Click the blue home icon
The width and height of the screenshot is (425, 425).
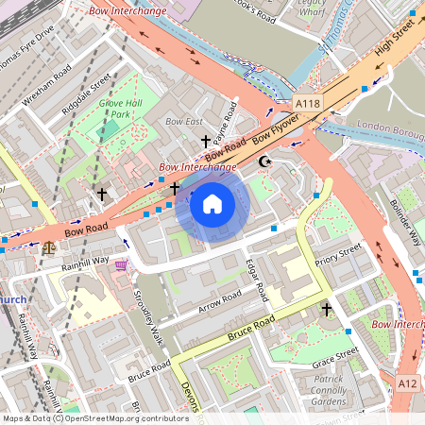212,203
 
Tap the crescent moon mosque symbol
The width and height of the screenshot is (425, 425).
264,161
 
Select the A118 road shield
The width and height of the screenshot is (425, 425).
307,103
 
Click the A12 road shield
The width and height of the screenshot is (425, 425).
407,382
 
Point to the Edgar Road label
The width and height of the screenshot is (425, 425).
257,280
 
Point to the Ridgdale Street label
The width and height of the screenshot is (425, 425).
87,92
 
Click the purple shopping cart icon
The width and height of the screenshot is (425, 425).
121,265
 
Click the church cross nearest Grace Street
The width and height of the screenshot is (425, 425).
327,309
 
